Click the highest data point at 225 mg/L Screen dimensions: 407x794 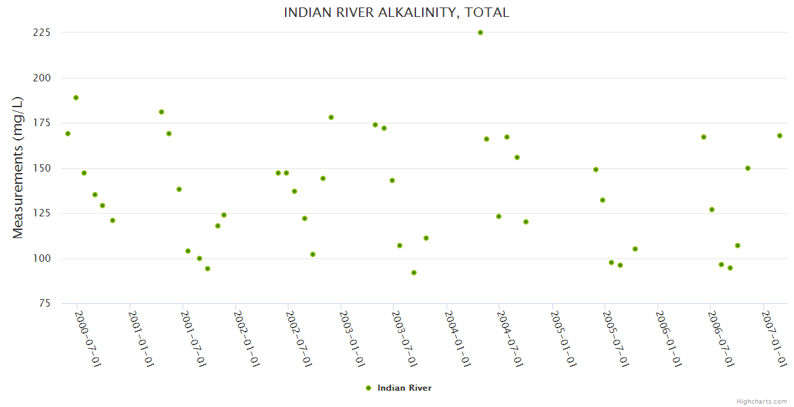[480, 33]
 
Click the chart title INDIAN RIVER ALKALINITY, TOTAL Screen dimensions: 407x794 [396, 13]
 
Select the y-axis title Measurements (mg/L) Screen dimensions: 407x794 [18, 168]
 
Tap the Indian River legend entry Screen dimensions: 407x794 [398, 388]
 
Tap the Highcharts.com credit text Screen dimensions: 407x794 [761, 402]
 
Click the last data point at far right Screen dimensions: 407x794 [780, 136]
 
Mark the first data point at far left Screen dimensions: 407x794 [68, 134]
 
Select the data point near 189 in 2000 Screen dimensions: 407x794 [76, 98]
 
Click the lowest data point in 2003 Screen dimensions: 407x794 [414, 273]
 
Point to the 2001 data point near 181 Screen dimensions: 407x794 [162, 112]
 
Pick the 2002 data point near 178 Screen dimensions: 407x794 [331, 117]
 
